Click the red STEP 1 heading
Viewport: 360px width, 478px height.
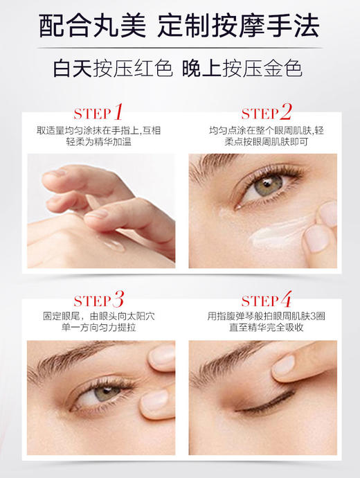[x=98, y=113]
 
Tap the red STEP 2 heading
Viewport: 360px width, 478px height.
[x=267, y=113]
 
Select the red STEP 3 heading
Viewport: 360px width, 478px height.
[x=98, y=301]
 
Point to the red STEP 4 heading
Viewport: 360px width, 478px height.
[x=267, y=301]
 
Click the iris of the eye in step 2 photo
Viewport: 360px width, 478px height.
[x=267, y=185]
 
